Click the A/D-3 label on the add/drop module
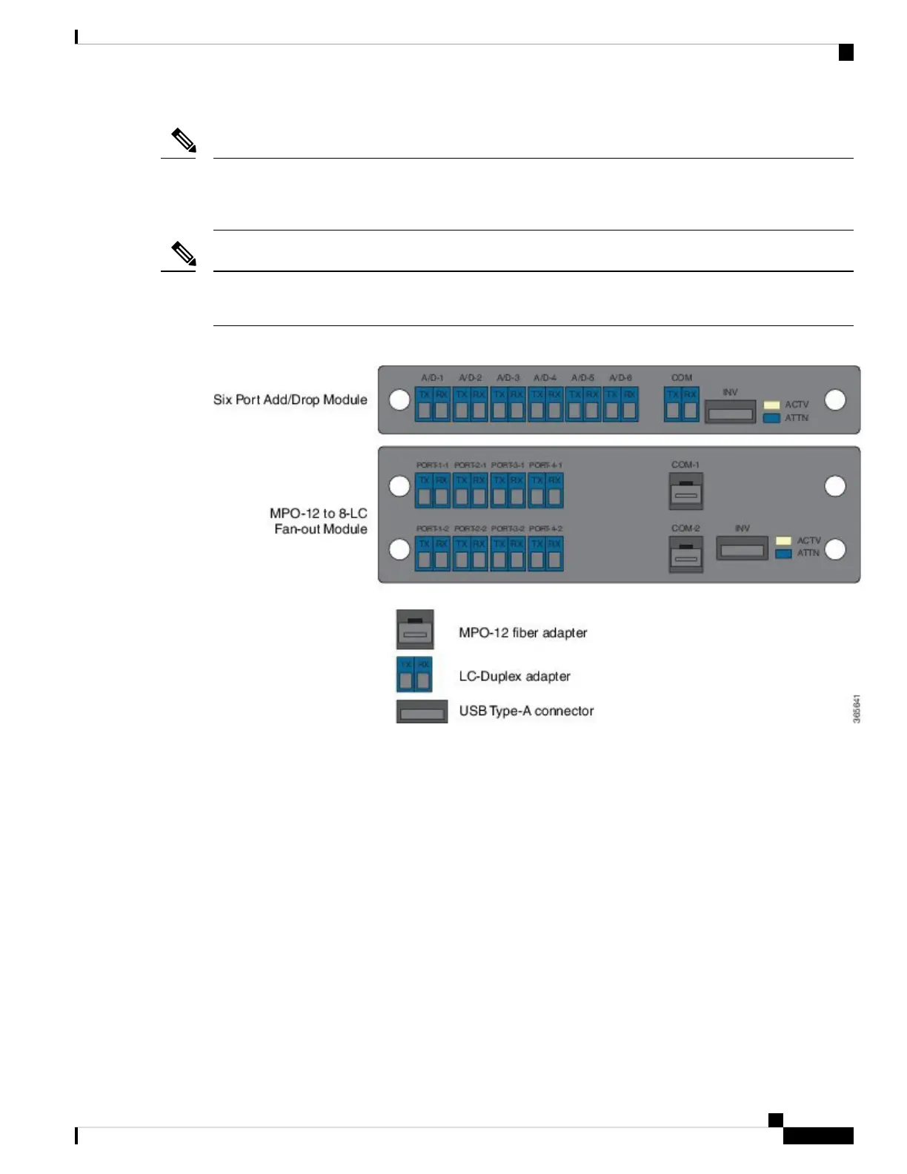click(508, 378)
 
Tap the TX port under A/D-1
click(425, 404)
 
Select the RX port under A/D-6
click(630, 404)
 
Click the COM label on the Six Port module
click(682, 378)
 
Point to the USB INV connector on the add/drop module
click(730, 412)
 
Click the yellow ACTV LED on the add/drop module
click(771, 405)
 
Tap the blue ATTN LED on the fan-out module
click(783, 553)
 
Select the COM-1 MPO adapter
click(685, 491)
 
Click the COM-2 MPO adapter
click(685, 555)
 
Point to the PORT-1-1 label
click(432, 465)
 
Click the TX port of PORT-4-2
click(537, 554)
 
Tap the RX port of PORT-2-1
click(479, 490)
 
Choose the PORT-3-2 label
click(508, 529)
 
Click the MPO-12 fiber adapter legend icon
click(415, 630)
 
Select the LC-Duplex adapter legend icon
click(414, 674)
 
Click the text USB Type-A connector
click(526, 712)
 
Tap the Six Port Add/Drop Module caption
click(290, 399)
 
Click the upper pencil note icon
click(184, 140)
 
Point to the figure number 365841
click(857, 709)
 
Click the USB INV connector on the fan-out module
click(742, 550)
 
